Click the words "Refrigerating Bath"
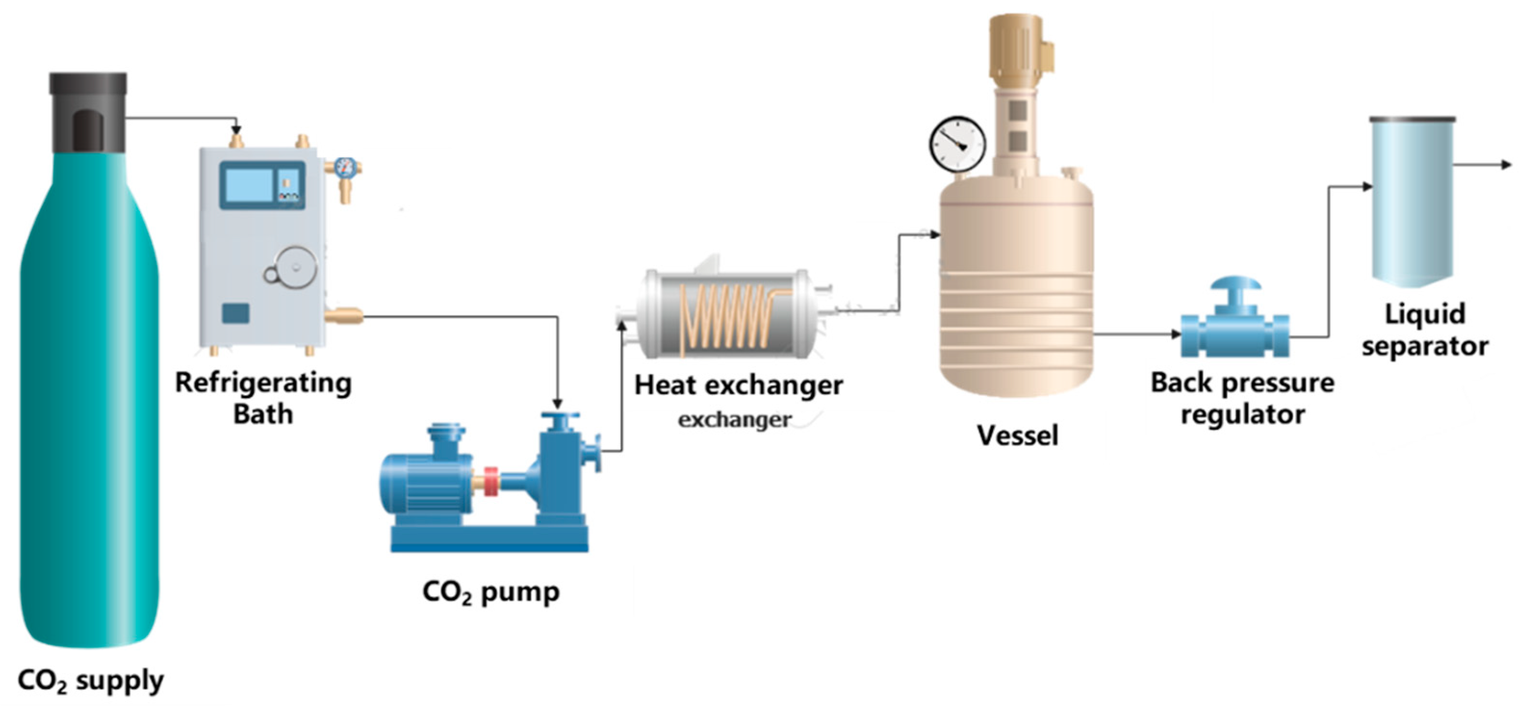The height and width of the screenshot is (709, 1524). tap(263, 398)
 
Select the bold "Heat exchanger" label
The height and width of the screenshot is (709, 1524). tap(738, 386)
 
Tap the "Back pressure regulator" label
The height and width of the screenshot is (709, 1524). tap(1243, 398)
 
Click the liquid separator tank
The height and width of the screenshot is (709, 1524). tap(1413, 201)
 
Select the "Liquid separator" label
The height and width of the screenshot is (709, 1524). tap(1424, 330)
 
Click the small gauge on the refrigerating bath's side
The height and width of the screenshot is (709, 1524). tap(344, 168)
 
